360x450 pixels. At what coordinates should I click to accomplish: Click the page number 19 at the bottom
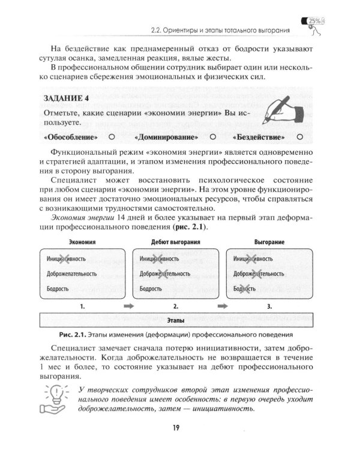point(179,427)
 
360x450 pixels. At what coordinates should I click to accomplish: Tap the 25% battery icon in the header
point(316,22)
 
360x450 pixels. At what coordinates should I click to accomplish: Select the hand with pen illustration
point(278,112)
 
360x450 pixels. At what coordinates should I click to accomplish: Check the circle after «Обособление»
point(111,137)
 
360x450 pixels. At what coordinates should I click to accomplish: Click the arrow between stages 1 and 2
point(127,306)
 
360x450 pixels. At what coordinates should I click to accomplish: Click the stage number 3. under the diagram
point(269,306)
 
